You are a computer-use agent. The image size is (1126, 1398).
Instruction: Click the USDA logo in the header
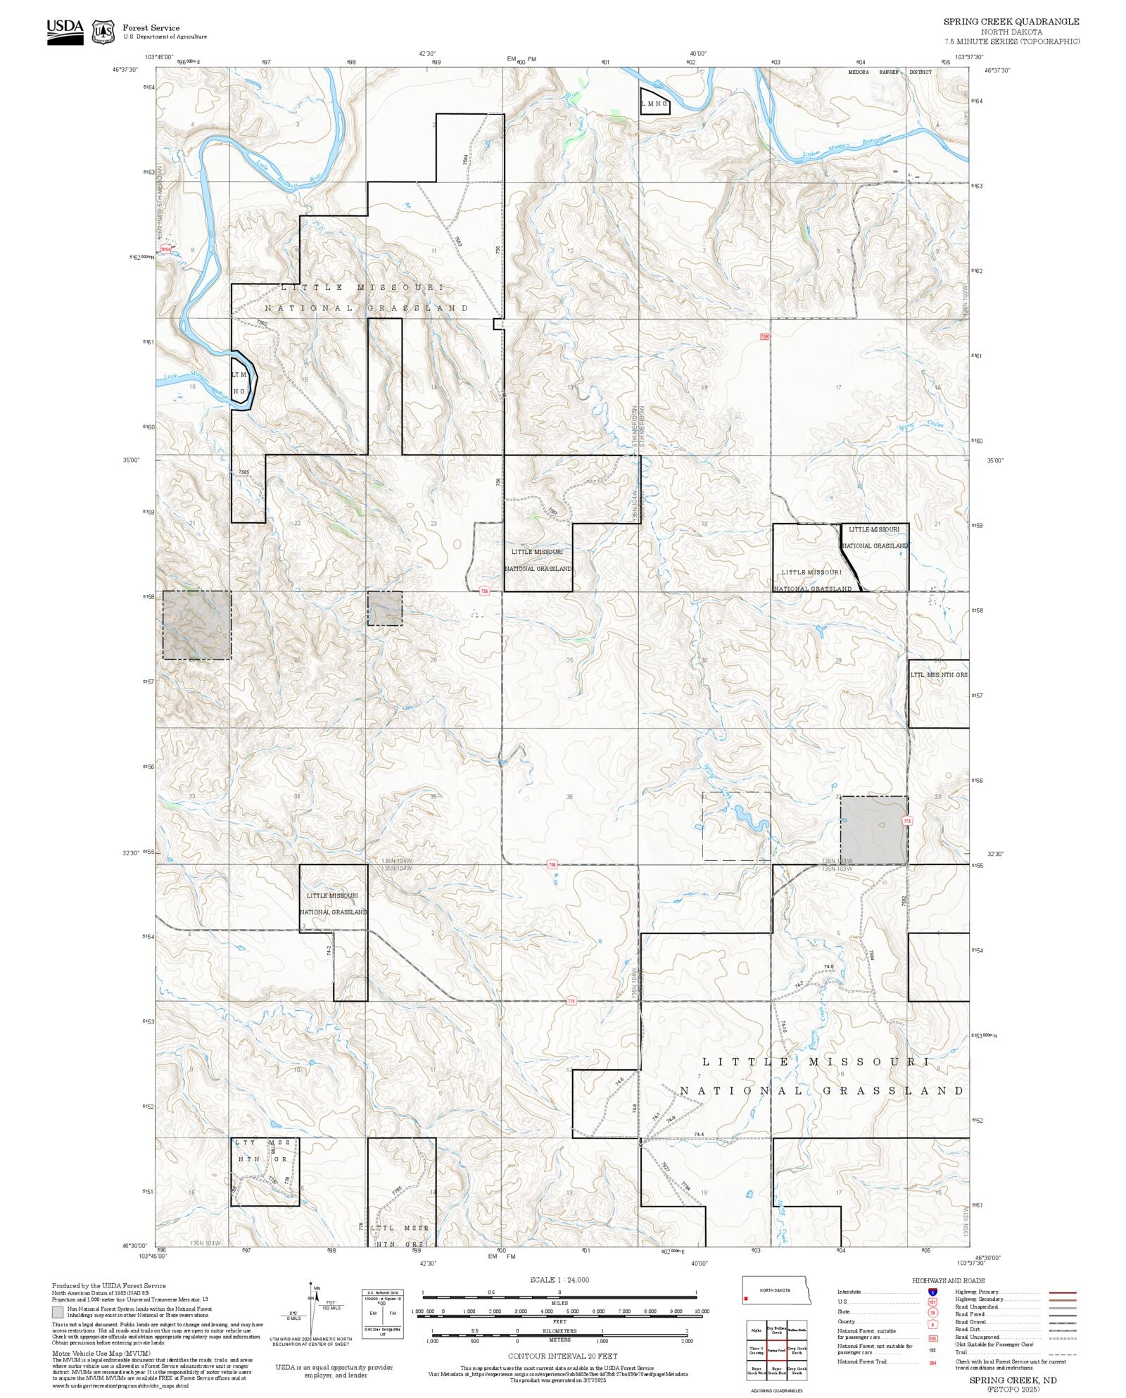(65, 32)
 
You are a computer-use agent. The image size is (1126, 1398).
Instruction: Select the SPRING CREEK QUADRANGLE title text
(1011, 22)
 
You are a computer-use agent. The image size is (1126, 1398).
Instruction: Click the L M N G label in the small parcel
(654, 103)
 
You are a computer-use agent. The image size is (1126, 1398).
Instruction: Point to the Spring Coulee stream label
(921, 426)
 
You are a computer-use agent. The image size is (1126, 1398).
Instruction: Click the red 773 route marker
(906, 821)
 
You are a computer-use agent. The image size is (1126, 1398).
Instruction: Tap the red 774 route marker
(571, 1000)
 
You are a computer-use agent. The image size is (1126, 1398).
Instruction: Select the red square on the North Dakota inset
(745, 1299)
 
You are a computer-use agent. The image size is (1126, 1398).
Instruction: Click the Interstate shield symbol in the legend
(932, 1292)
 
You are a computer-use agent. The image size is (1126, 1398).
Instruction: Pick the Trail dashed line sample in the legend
(1063, 1352)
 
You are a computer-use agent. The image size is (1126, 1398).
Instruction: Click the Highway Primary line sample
(1063, 1292)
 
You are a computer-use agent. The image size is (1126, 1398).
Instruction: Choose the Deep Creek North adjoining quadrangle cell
(797, 1351)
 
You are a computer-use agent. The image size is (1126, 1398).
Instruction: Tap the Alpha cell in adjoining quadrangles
(757, 1330)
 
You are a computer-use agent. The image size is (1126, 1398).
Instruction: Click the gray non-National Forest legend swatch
(58, 1312)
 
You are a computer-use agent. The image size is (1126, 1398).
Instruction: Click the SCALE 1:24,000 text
(559, 1280)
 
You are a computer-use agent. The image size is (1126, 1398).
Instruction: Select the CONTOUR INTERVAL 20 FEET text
(562, 1356)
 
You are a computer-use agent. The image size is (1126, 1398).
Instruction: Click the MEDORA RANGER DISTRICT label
(890, 72)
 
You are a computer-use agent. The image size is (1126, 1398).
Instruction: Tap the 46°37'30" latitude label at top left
(125, 70)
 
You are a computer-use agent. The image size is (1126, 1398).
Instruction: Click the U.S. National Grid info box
(383, 1314)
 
